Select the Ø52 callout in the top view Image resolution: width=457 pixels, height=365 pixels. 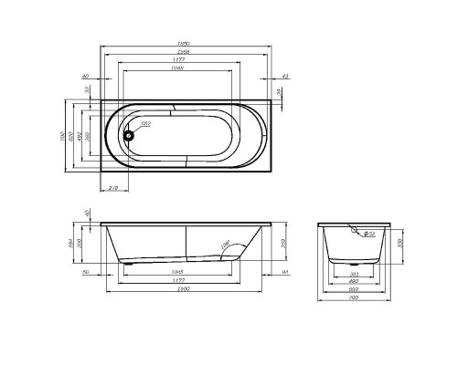click(x=144, y=123)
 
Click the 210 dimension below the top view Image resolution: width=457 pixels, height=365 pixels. click(x=112, y=187)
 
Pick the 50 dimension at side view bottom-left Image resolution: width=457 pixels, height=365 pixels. click(x=84, y=271)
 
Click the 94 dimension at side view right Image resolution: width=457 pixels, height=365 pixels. click(x=286, y=271)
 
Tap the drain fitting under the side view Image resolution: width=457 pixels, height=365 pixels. click(x=135, y=263)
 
